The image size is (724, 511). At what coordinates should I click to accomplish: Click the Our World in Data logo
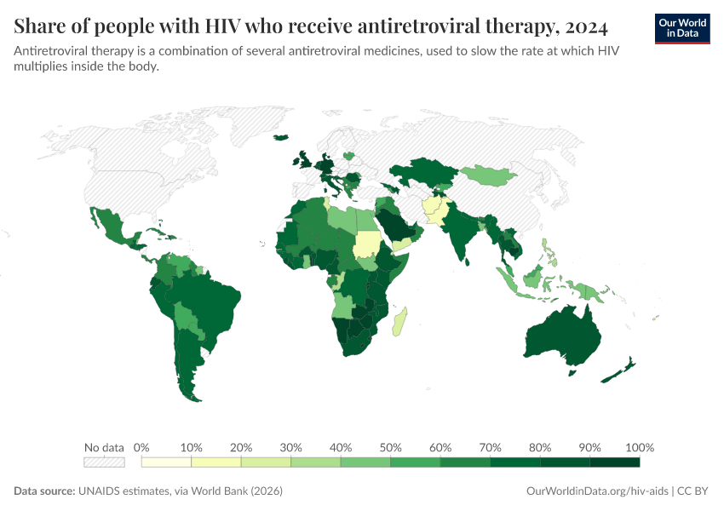click(682, 28)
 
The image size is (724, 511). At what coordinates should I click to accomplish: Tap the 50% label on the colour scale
click(390, 447)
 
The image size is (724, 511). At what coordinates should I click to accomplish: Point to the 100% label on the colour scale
click(639, 447)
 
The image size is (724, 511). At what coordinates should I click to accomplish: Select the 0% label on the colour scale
click(142, 447)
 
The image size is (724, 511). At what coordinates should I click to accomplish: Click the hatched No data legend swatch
click(104, 462)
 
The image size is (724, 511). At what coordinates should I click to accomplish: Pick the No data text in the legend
click(104, 447)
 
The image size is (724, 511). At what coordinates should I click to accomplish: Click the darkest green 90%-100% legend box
click(614, 462)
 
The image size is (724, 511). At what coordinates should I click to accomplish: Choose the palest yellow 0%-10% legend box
click(166, 462)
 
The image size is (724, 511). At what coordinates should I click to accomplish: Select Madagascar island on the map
click(398, 323)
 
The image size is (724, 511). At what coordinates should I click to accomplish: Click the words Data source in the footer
click(44, 491)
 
